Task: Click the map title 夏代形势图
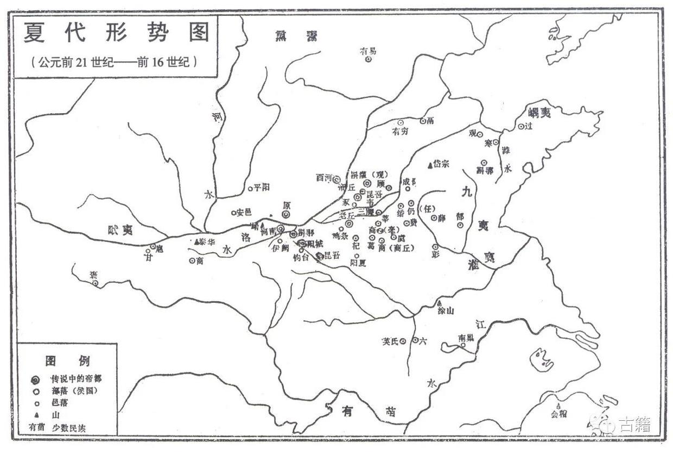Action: pyautogui.click(x=116, y=34)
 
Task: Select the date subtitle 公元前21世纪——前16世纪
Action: pyautogui.click(x=114, y=61)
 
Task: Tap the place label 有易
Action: pyautogui.click(x=368, y=51)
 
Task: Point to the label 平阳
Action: pyautogui.click(x=263, y=188)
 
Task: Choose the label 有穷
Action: pyautogui.click(x=401, y=132)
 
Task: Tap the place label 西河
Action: pyautogui.click(x=324, y=177)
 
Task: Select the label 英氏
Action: pyautogui.click(x=390, y=341)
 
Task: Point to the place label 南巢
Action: pyautogui.click(x=466, y=338)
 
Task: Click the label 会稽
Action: pyautogui.click(x=558, y=414)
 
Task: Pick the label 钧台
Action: pyautogui.click(x=301, y=257)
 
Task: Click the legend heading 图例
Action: pyautogui.click(x=67, y=360)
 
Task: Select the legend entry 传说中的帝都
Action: pyautogui.click(x=76, y=378)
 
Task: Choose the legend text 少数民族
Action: pyautogui.click(x=68, y=428)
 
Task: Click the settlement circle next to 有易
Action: pyautogui.click(x=368, y=59)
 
